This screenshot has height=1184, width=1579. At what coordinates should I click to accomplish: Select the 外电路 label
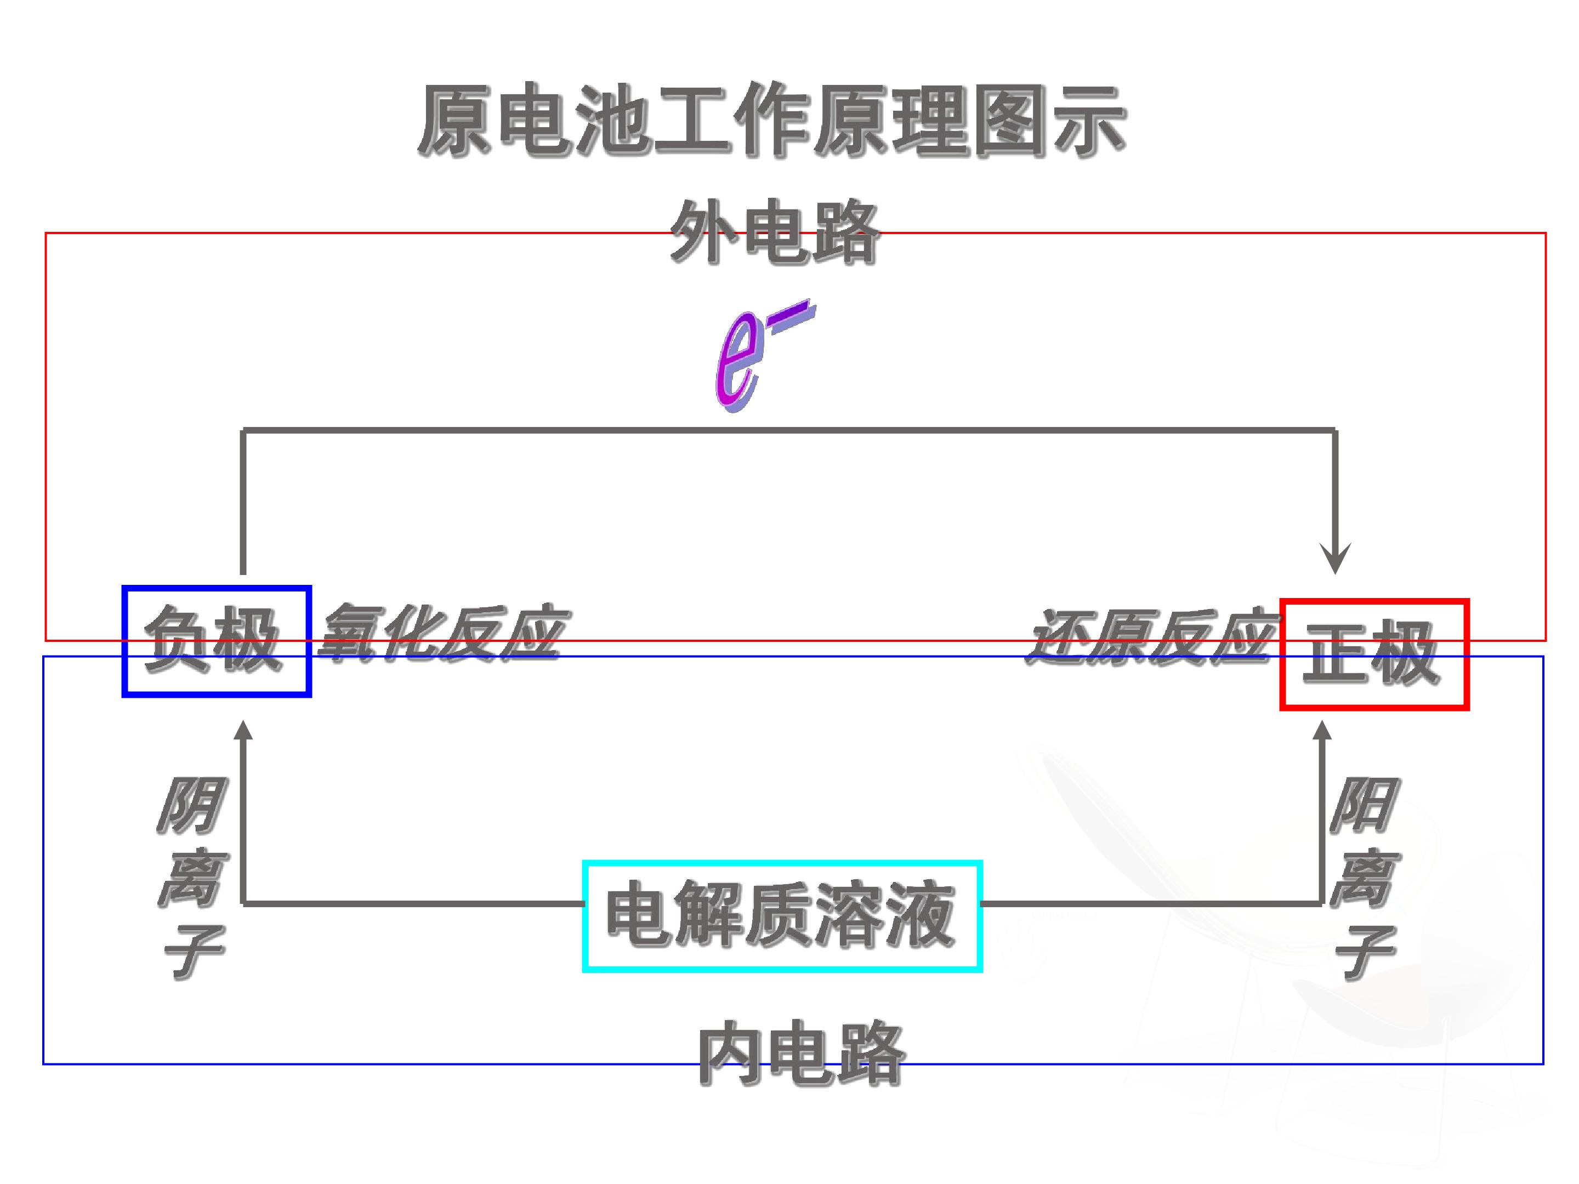tap(775, 232)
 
